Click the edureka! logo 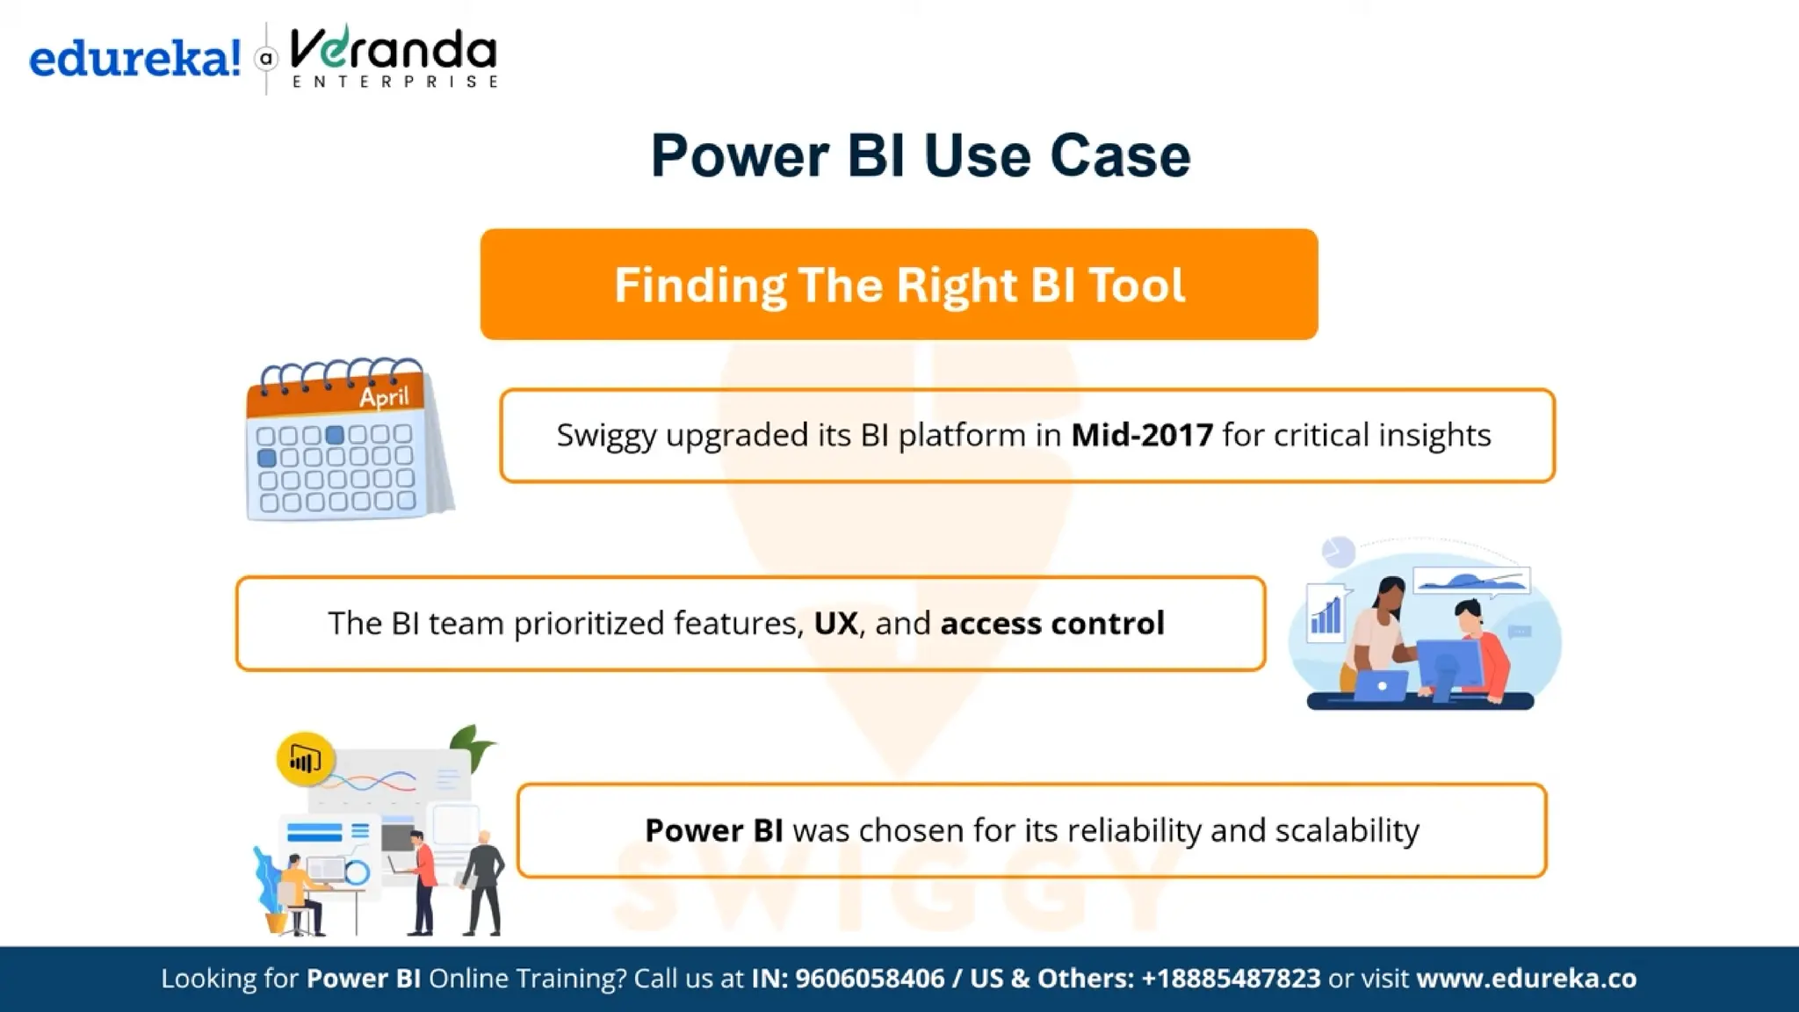(x=134, y=59)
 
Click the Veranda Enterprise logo (x=393, y=57)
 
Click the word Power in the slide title (x=740, y=156)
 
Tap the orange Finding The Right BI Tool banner (x=899, y=285)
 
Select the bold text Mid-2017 (x=1142, y=435)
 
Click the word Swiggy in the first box (x=606, y=436)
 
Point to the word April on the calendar (x=384, y=397)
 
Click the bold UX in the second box (x=835, y=624)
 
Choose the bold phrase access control (x=1052, y=624)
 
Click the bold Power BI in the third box (x=713, y=830)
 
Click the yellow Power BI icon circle (x=305, y=758)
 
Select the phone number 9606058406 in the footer (x=870, y=979)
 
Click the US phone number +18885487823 (x=1231, y=979)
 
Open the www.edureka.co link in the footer (x=1526, y=979)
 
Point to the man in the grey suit (x=484, y=883)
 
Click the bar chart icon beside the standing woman (x=1326, y=612)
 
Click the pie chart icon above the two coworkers (x=1338, y=552)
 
